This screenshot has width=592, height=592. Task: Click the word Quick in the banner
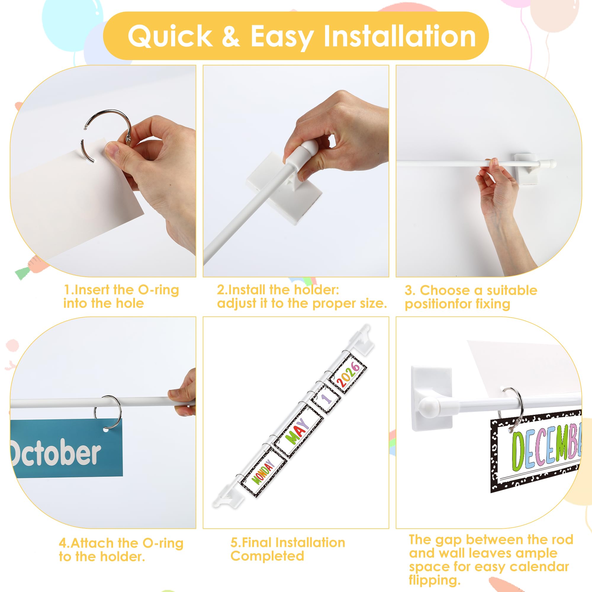pos(170,36)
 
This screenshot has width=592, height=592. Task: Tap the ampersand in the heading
pos(230,36)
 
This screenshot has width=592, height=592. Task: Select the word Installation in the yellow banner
pos(400,36)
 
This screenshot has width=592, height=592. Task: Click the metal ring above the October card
pos(108,412)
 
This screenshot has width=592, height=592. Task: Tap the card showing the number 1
pos(326,399)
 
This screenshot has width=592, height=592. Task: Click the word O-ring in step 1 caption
pos(158,289)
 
